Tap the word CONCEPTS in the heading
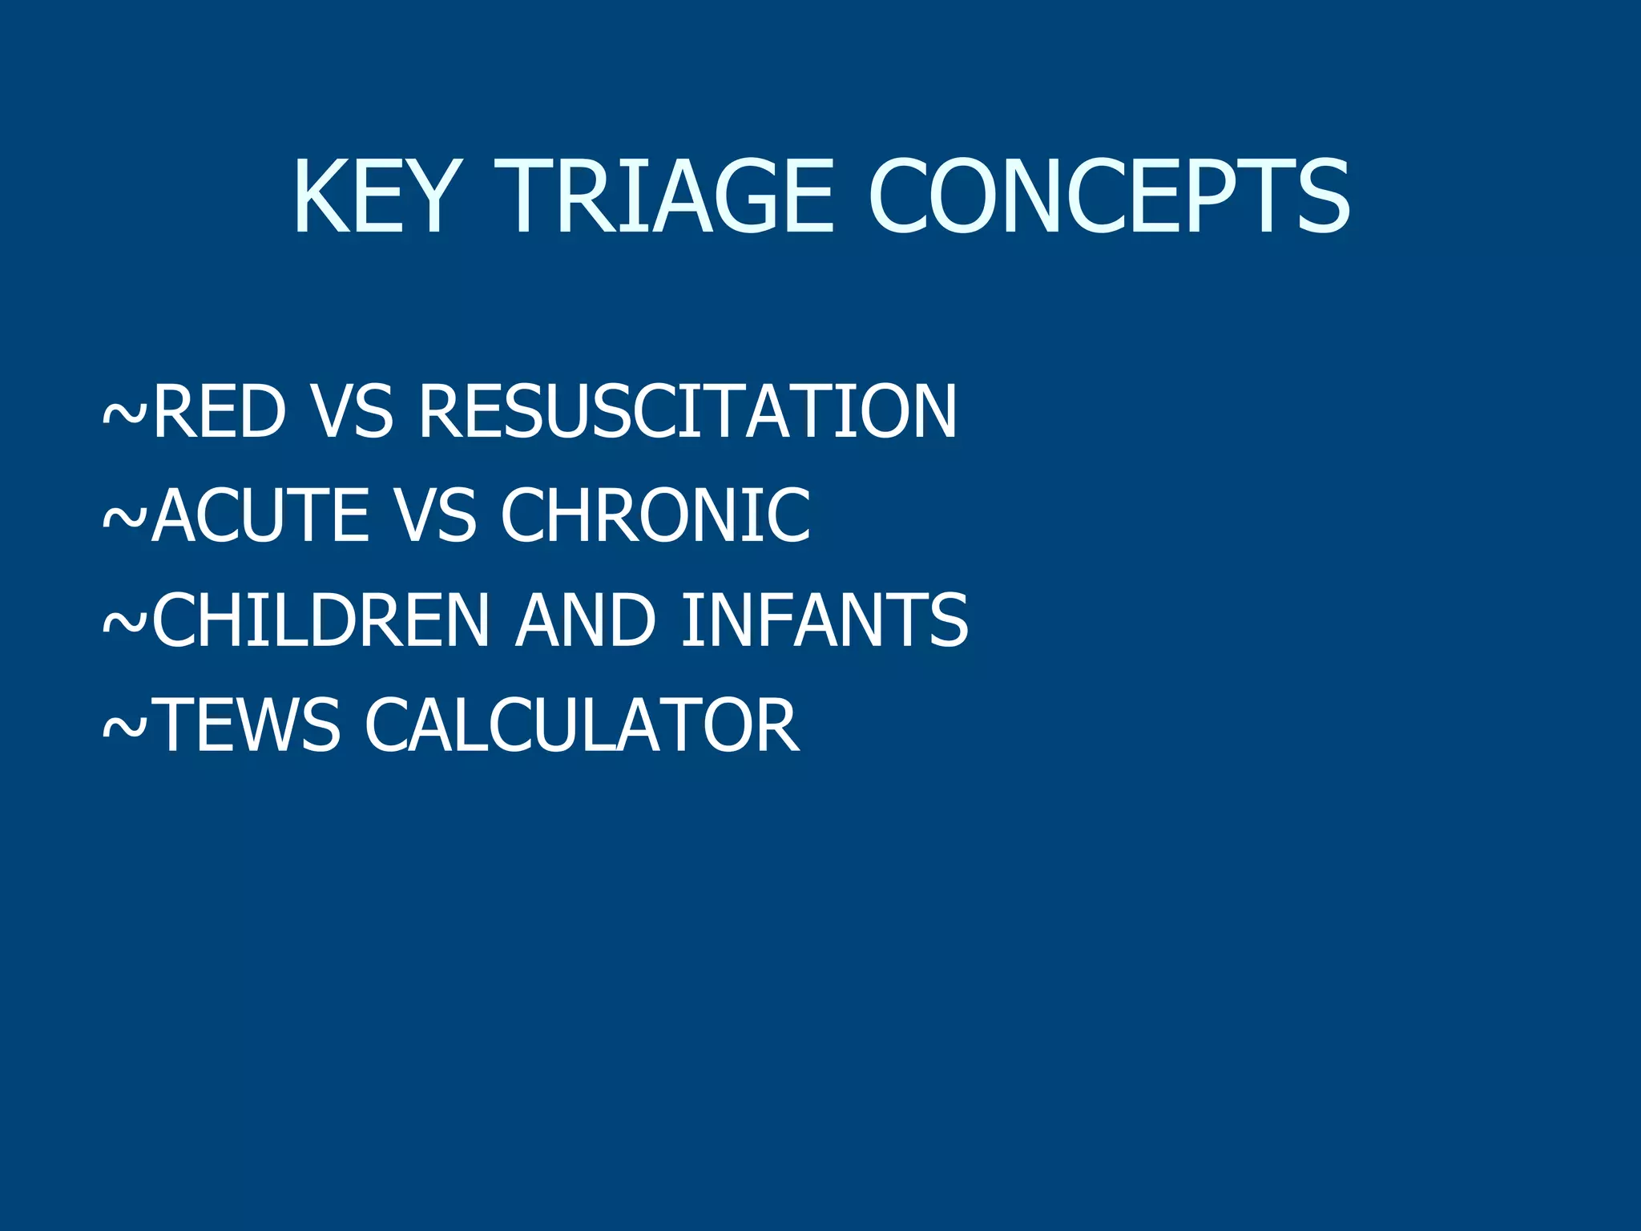[1109, 196]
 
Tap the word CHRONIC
[655, 515]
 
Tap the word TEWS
[248, 725]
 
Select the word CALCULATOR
[582, 725]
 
